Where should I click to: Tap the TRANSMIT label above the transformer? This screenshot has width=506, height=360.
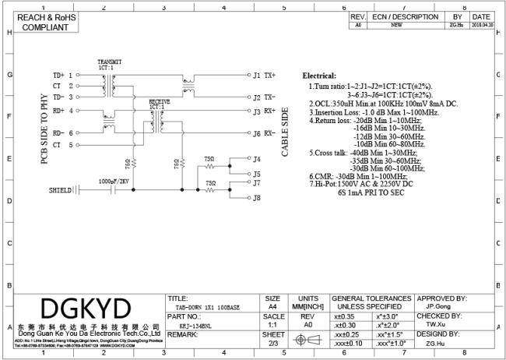tap(110, 62)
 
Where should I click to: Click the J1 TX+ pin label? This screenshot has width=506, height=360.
tap(264, 76)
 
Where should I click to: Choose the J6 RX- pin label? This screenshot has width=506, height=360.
tap(264, 133)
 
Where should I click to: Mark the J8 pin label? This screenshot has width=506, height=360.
tap(255, 198)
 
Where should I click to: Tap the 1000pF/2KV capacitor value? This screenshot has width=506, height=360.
tap(114, 181)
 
